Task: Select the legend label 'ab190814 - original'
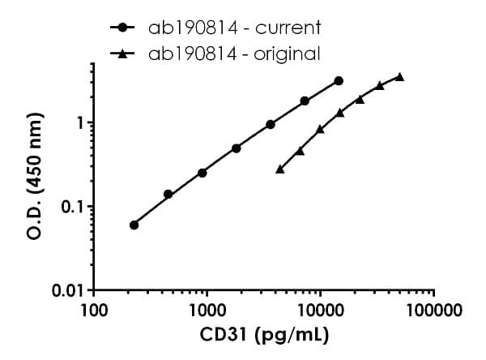[x=234, y=54]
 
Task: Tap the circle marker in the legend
[x=122, y=28]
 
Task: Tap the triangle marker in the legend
[x=122, y=54]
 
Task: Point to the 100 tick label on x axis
[x=94, y=309]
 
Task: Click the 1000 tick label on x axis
[x=207, y=309]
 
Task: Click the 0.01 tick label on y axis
[x=71, y=290]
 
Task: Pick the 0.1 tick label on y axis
[x=75, y=207]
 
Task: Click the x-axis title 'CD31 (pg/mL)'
[x=264, y=334]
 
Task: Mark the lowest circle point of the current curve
[x=134, y=225]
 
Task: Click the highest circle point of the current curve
[x=339, y=81]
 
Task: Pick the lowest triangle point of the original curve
[x=280, y=169]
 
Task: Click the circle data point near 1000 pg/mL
[x=202, y=173]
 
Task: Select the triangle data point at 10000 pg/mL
[x=320, y=129]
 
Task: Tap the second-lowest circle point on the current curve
[x=168, y=195]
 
